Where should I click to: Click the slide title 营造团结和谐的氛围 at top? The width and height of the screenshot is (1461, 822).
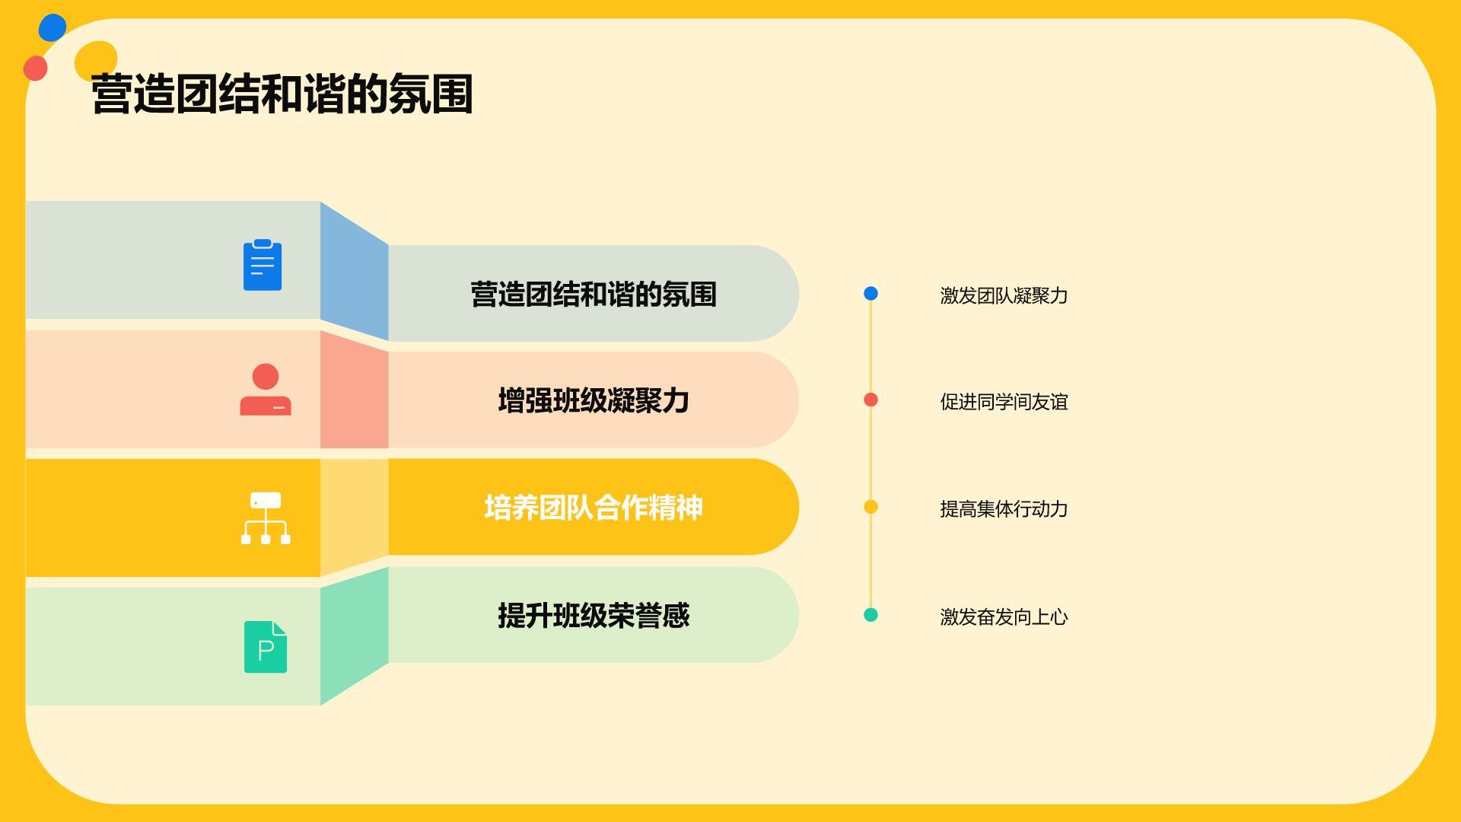(282, 94)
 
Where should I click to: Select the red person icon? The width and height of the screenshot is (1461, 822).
(266, 390)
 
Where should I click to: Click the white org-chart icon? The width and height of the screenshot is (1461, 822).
(266, 518)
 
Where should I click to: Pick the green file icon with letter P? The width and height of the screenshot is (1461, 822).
(266, 647)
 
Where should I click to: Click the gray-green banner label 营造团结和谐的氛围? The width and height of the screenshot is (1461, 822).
(594, 295)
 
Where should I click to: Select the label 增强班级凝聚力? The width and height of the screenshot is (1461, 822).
(594, 400)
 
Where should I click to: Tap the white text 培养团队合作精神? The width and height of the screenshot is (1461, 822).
(594, 508)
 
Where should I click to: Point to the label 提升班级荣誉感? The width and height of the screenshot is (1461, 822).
(594, 615)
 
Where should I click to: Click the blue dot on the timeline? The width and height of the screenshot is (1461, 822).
(871, 294)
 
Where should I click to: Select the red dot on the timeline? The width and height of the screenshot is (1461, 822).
(871, 400)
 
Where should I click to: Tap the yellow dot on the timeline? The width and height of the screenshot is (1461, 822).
(871, 507)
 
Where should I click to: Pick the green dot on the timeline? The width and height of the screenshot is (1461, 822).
(871, 615)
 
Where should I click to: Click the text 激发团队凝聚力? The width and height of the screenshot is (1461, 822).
(1004, 295)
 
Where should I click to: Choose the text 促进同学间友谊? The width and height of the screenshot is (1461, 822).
(1004, 402)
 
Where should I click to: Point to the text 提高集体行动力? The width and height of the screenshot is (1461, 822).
(1004, 509)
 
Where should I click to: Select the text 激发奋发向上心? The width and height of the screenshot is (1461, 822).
(1004, 616)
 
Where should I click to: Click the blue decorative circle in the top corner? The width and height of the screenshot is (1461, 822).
(53, 27)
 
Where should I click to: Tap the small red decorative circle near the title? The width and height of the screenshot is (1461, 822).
(35, 68)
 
